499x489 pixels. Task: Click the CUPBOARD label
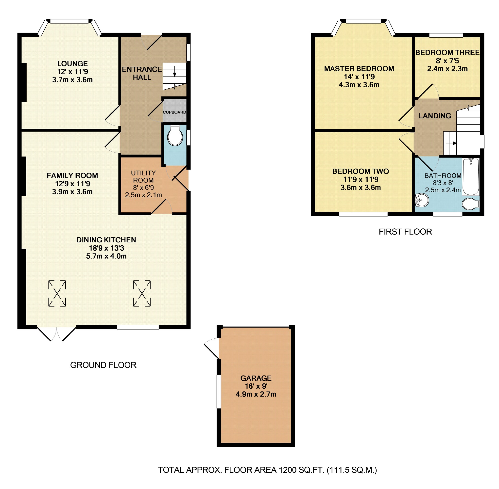tap(174, 112)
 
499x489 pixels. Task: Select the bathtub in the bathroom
tap(471, 177)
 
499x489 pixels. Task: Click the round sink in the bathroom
tap(422, 200)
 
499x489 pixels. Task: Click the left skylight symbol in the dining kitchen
tap(57, 293)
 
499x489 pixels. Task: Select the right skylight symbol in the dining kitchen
tap(142, 293)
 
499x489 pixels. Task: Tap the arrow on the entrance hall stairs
tap(175, 71)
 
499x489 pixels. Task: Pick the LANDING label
tap(435, 116)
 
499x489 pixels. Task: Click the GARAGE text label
tap(256, 378)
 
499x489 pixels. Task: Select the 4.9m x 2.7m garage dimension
tap(256, 394)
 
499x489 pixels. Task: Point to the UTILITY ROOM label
tap(143, 177)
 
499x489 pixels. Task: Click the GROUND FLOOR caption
tap(103, 365)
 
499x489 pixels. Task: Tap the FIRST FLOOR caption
tap(405, 232)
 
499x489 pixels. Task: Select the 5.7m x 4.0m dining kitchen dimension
tap(106, 256)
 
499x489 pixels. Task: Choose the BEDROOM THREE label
tap(447, 53)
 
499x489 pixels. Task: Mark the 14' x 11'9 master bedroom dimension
tap(359, 77)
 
